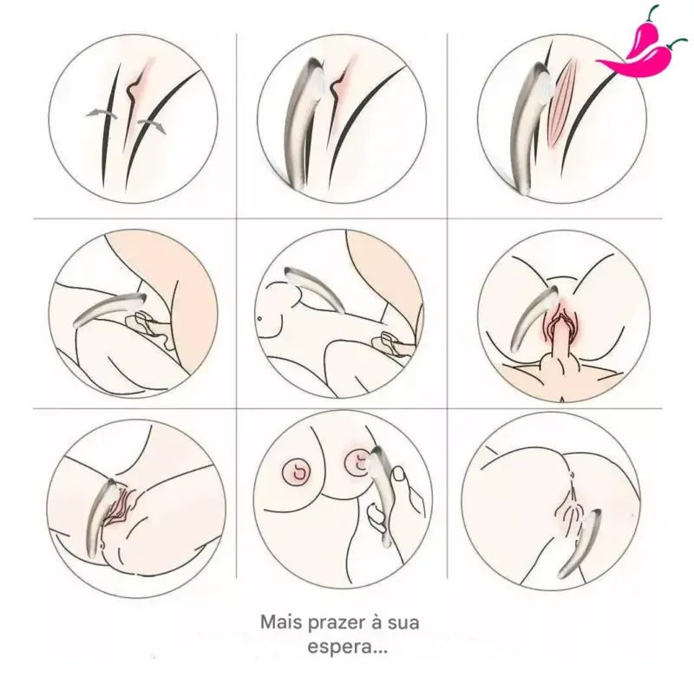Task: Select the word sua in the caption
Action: point(403,622)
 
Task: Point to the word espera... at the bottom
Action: point(348,648)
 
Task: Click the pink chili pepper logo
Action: point(643,47)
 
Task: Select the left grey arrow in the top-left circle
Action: point(101,114)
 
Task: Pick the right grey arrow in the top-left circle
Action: point(151,125)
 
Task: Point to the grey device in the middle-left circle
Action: point(109,309)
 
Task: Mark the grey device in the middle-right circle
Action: point(534,317)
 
